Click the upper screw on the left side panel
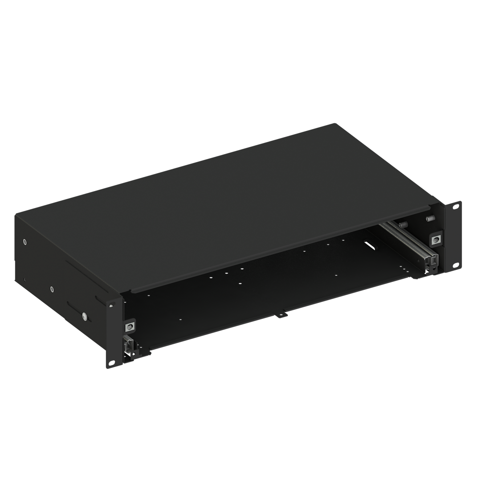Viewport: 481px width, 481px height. click(x=24, y=242)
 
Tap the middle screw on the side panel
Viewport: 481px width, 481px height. click(x=53, y=289)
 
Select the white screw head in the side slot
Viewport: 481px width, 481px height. click(x=84, y=317)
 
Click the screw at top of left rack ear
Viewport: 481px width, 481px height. click(x=111, y=306)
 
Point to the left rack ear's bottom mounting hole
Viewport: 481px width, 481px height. click(x=112, y=363)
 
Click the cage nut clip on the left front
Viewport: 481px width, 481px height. click(x=130, y=326)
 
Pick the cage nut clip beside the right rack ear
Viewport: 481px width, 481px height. click(x=436, y=239)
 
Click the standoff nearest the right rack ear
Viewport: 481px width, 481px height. click(x=430, y=219)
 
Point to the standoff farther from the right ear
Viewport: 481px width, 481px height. click(x=404, y=224)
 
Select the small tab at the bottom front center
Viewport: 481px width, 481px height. click(x=281, y=315)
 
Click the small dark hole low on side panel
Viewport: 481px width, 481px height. click(x=25, y=280)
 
